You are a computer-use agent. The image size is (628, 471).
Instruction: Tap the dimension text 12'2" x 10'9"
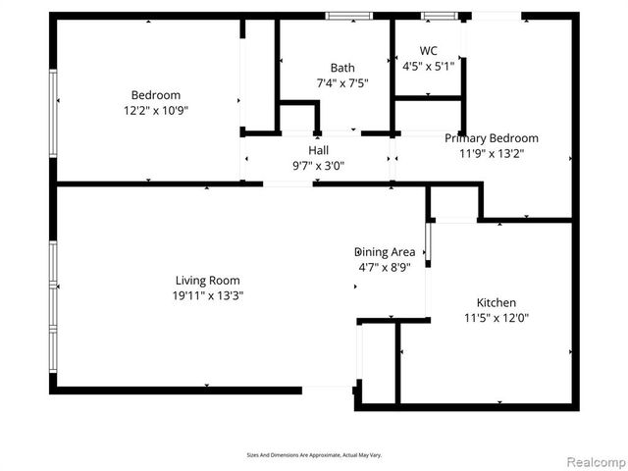155,111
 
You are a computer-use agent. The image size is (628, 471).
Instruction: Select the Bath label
329,68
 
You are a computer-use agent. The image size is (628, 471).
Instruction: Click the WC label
428,51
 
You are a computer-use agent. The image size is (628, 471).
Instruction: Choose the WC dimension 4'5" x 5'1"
428,67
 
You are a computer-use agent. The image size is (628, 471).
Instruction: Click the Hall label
318,150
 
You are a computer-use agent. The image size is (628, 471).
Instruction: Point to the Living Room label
207,280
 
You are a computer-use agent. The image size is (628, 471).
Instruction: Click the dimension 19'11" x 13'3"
207,295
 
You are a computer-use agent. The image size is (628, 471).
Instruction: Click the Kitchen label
496,303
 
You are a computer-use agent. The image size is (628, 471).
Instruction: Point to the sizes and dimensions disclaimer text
313,454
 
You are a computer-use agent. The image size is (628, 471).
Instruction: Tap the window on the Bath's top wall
349,16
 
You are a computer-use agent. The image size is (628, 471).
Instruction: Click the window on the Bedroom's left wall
54,101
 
